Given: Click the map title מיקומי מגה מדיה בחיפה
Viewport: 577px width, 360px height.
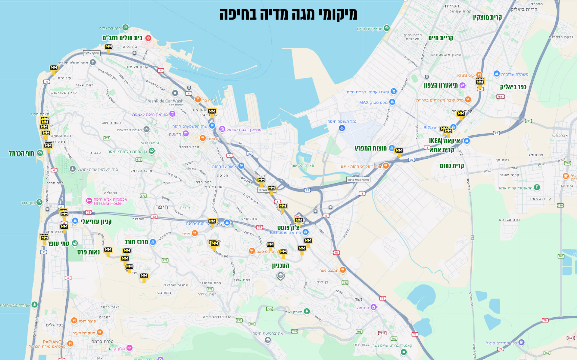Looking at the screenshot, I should pos(288,14).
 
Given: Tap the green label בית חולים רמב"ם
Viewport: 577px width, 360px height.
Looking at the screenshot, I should pos(122,38).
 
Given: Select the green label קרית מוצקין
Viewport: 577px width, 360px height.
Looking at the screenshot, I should pos(487,17).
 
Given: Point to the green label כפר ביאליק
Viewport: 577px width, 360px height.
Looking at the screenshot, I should pos(513,87).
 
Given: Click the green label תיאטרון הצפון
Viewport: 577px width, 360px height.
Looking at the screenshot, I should pos(441,85).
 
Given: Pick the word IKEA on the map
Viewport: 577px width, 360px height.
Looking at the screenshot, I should pos(436,141).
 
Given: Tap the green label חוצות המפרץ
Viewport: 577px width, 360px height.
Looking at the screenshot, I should pos(371,148).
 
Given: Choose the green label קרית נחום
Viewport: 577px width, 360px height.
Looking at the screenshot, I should pos(452,166).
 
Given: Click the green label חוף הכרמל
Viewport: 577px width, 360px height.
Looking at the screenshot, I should pos(21,153).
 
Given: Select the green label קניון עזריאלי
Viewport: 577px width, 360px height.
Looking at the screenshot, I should pos(96,222).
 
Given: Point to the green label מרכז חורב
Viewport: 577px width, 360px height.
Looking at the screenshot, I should pos(136,242).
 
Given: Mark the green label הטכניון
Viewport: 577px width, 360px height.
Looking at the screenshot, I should pos(281,266).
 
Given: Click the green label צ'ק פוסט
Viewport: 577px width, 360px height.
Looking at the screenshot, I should pos(288,227).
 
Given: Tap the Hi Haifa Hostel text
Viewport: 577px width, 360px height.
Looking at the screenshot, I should pos(108,203).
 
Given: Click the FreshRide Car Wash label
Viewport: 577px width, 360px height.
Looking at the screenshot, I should pos(164,101).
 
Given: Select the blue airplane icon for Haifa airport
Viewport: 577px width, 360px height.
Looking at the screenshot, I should pos(342,128).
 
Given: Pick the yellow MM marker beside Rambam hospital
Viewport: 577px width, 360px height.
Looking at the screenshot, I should pos(109,47).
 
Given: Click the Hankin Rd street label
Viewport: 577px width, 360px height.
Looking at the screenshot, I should pos(222,254).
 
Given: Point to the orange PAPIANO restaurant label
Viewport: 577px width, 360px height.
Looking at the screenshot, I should pos(52,342).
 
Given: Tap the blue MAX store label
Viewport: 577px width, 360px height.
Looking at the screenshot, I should pos(364,102).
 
